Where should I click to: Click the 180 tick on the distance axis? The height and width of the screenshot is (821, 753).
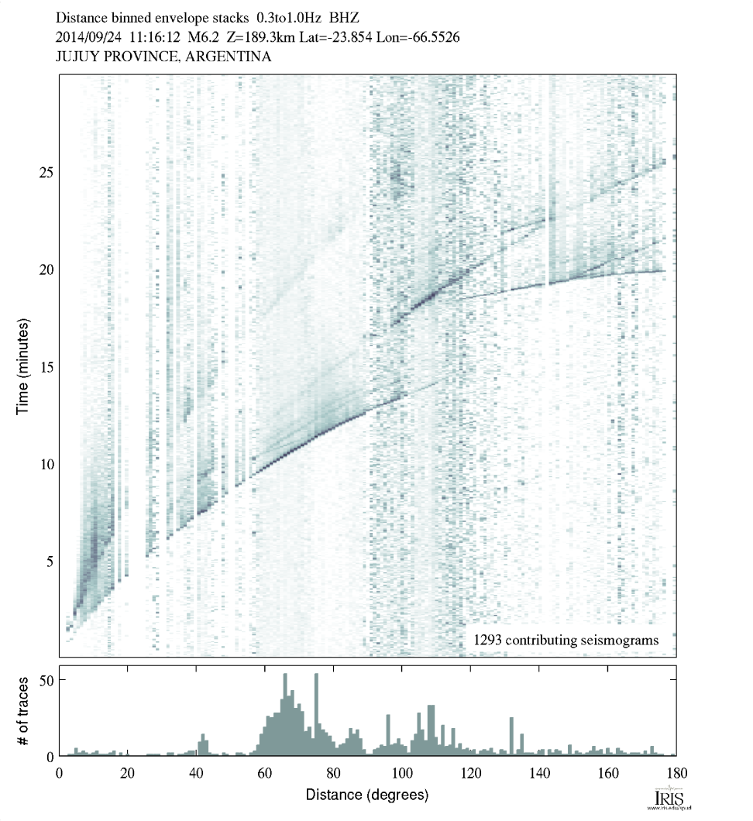(x=676, y=771)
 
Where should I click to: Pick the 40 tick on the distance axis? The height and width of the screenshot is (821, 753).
(x=196, y=771)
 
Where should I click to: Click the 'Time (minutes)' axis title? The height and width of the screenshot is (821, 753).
(x=22, y=365)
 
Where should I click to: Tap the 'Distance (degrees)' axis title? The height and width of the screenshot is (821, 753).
(x=366, y=795)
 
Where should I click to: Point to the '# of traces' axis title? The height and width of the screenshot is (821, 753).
(x=22, y=710)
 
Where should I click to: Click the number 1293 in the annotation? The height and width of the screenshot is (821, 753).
(x=487, y=641)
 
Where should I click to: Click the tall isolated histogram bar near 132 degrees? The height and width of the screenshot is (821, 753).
(x=511, y=736)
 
